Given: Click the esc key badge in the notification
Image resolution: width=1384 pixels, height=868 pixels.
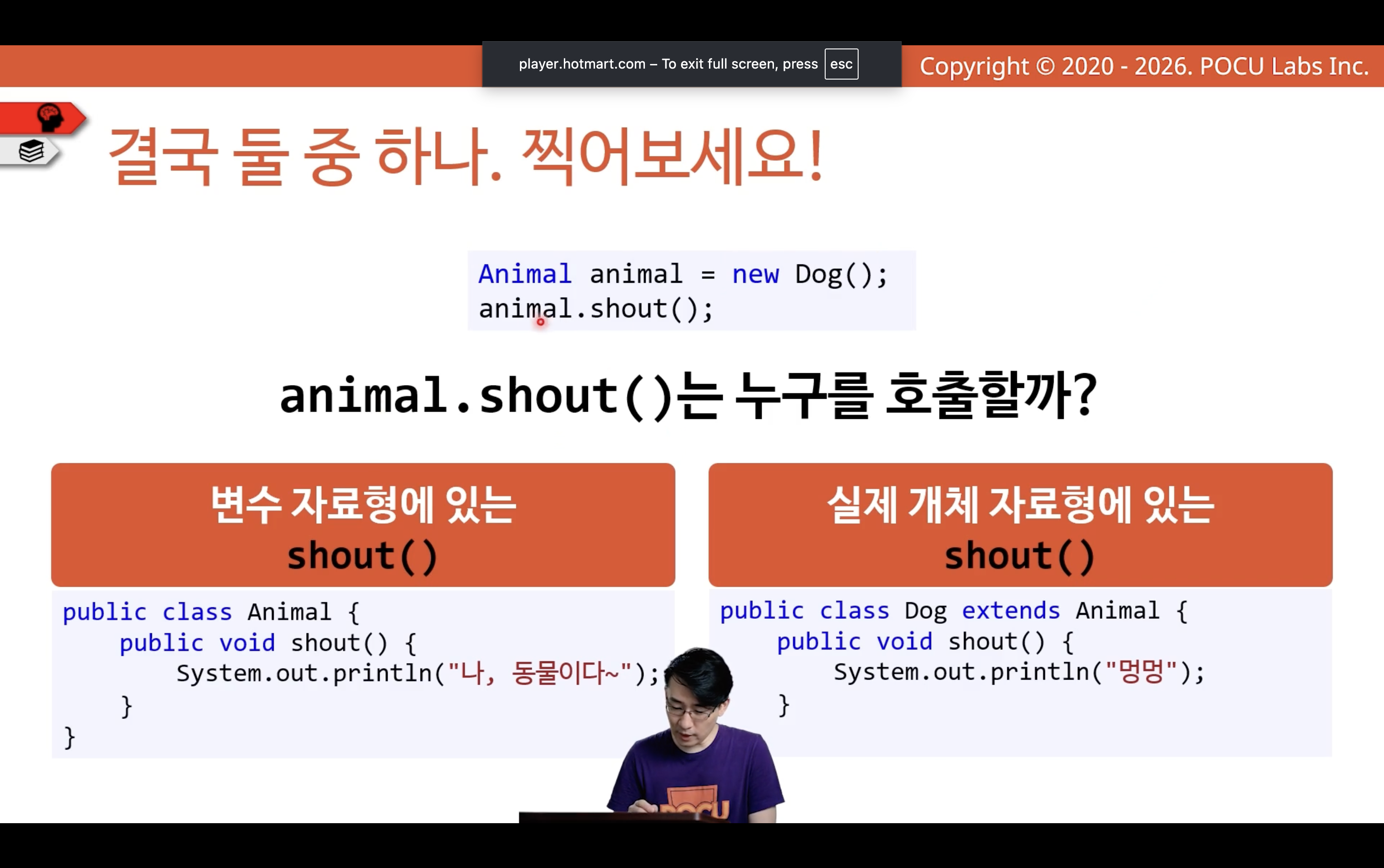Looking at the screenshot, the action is pos(841,64).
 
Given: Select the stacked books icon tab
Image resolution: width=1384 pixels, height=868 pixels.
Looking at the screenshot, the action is pos(31,151).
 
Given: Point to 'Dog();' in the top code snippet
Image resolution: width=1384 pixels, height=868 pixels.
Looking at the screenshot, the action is pos(841,275).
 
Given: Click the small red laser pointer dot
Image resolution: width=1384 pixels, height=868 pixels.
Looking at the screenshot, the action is pos(541,321).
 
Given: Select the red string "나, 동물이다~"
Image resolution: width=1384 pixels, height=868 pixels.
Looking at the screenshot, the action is pos(540,673).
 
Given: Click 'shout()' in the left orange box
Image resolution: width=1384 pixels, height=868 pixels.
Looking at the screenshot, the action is pos(362,556).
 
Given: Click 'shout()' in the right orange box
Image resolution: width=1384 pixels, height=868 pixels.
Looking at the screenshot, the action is pos(1020,556).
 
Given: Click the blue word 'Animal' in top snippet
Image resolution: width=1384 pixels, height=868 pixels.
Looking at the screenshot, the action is pos(525,274).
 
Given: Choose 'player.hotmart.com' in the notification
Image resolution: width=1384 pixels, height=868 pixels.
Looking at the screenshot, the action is pos(582,64).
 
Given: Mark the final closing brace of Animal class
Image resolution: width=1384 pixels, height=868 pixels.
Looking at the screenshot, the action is pos(70,737).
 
